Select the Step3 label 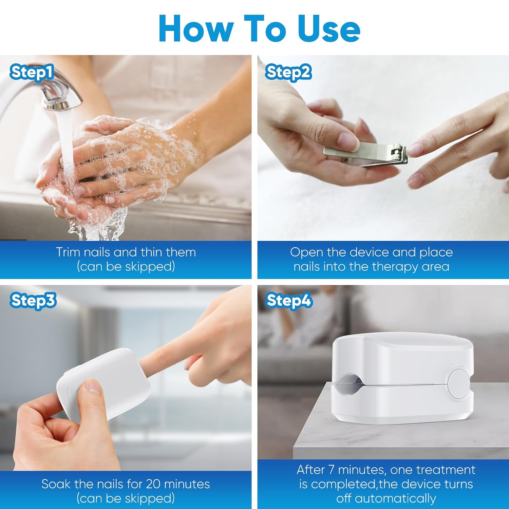[33, 301]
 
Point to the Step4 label [289, 301]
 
